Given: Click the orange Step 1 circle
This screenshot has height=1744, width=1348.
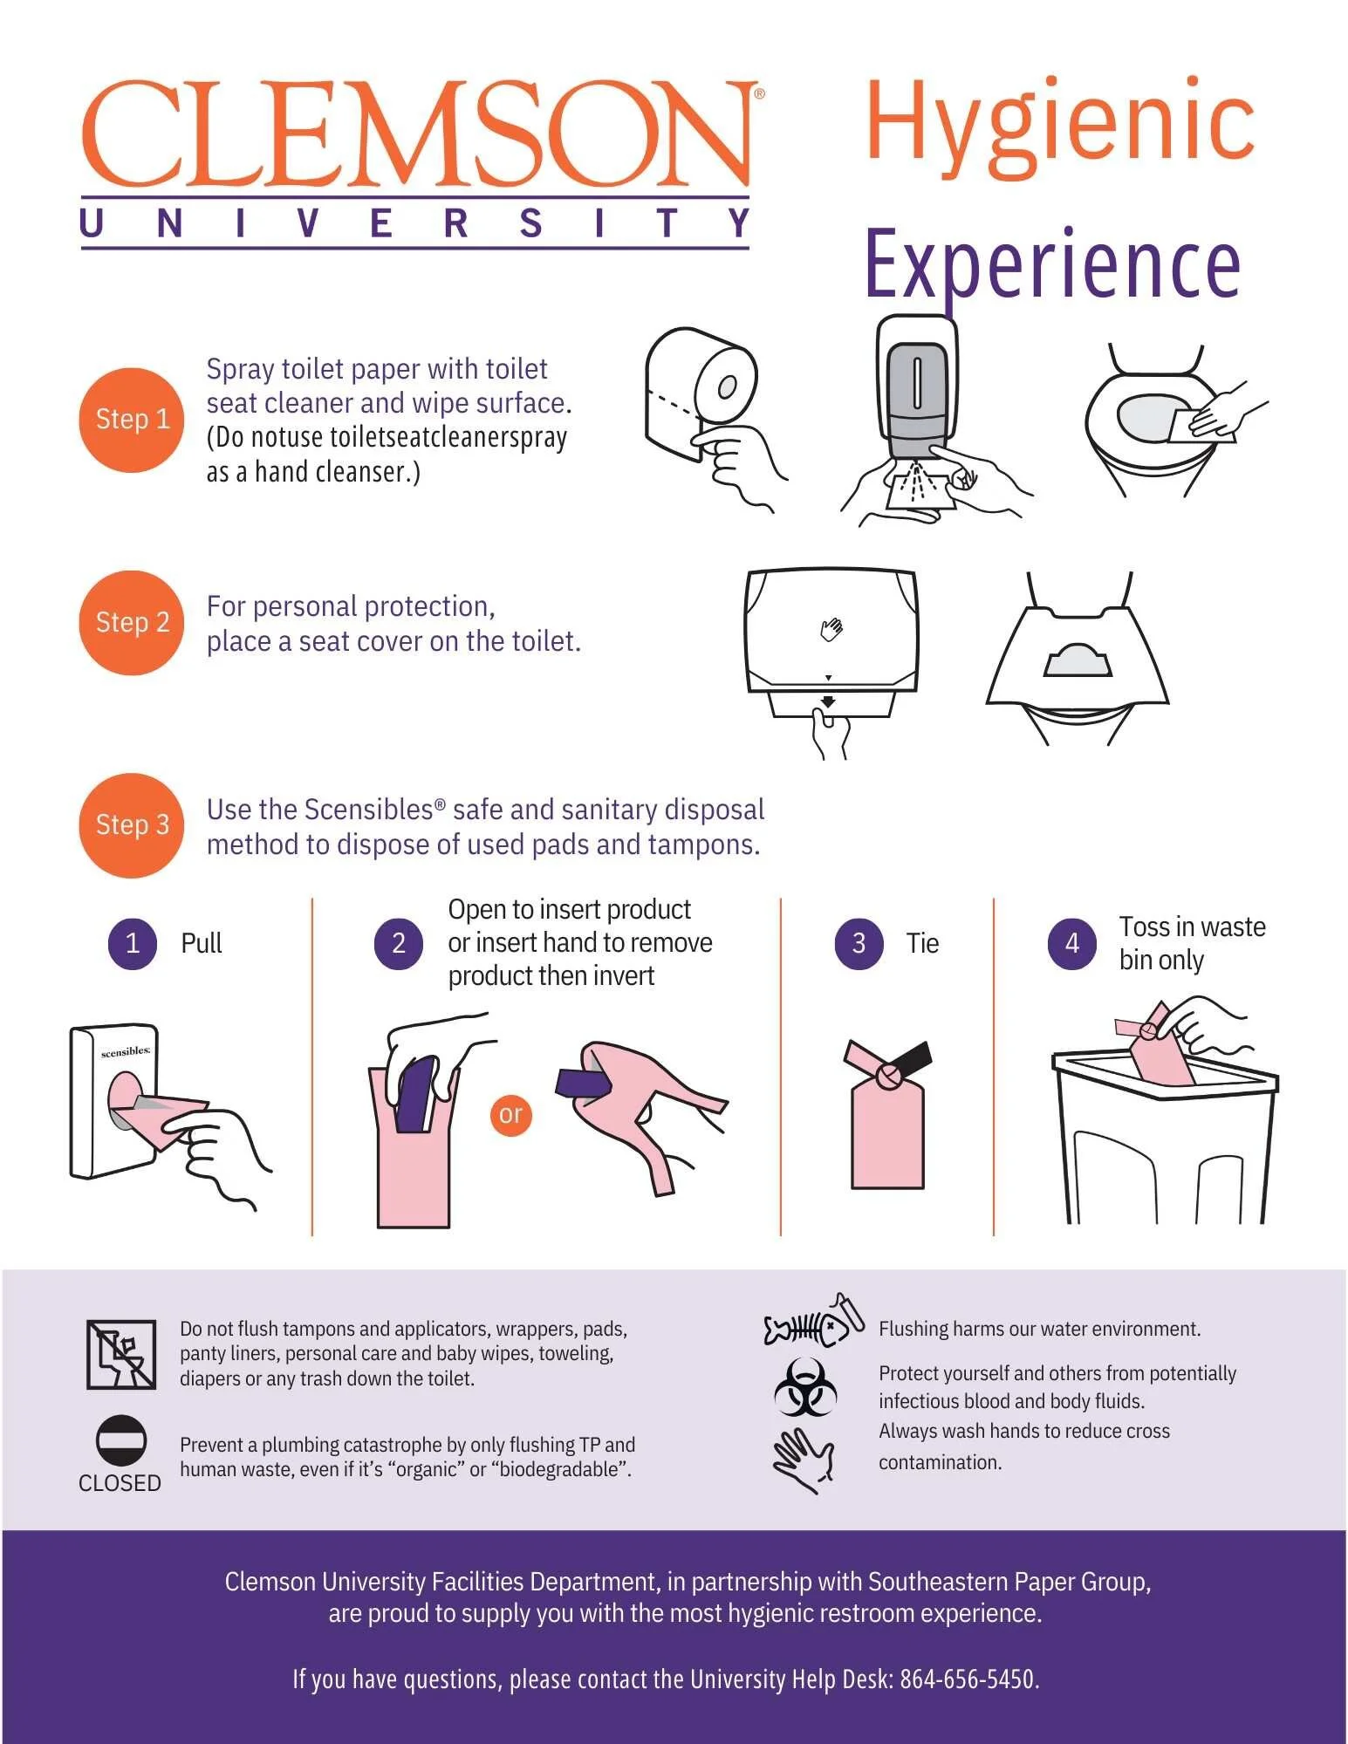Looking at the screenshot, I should pos(132,420).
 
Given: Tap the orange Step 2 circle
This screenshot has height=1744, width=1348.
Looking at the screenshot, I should pos(132,623).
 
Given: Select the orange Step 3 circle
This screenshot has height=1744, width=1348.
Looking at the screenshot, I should pos(132,825).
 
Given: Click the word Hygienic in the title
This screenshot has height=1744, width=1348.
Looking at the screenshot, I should pos(1059,125).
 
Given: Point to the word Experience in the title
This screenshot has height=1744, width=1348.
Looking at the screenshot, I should pos(1052,264).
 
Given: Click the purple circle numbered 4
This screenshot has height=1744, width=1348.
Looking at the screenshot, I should pos(1072,943).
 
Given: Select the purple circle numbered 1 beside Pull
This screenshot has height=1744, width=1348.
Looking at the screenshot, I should pos(133,943).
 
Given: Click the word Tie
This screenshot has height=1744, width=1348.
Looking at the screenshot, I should pos(922,944).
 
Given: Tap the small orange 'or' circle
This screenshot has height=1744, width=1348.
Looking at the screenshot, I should pos(510,1114).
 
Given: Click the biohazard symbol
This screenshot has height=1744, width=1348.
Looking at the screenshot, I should pos(805,1387).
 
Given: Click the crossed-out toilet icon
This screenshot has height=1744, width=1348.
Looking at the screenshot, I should pos(121,1354).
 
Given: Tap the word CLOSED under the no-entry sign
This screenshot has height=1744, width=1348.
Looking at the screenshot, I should pos(120,1483).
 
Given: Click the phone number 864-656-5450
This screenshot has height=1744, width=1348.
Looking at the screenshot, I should pos(968,1679).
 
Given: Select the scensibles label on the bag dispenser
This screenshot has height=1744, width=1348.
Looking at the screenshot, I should pos(126,1052).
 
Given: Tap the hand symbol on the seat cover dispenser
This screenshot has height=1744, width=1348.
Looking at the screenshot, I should pos(831,628).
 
